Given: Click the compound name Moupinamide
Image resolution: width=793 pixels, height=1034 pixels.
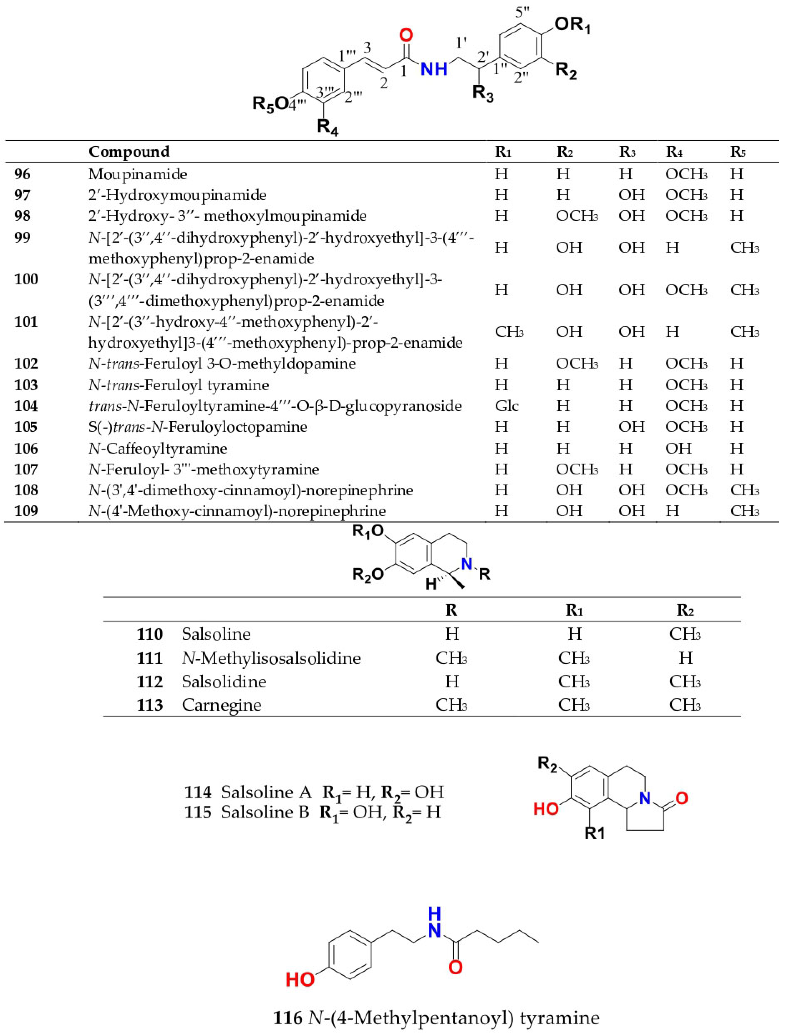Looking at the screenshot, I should (x=138, y=174).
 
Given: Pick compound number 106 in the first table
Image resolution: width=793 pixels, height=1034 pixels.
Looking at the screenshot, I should (x=26, y=448).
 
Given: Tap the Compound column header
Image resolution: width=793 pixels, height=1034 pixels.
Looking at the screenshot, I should (x=129, y=151).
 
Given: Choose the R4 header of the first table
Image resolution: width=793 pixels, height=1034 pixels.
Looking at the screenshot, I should (x=674, y=151).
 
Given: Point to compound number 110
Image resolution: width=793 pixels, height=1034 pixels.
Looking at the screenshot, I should (x=150, y=634).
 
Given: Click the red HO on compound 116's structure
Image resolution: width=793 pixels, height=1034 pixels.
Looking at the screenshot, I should (x=300, y=980).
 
